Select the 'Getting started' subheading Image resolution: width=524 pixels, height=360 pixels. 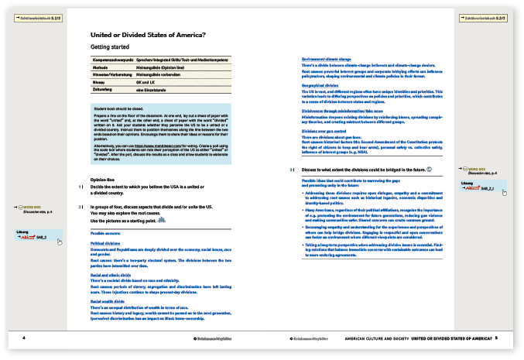(111, 49)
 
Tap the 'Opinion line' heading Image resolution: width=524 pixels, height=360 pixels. (103, 178)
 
